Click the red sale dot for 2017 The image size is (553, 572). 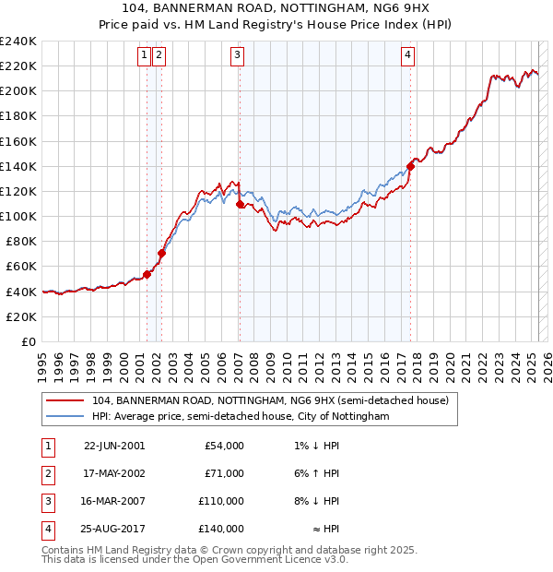pyautogui.click(x=410, y=167)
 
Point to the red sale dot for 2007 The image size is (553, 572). pyautogui.click(x=240, y=204)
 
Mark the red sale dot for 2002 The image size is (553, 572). pyautogui.click(x=161, y=253)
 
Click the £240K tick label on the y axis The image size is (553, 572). pyautogui.click(x=18, y=42)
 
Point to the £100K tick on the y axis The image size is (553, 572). pyautogui.click(x=18, y=216)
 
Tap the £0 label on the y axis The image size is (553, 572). pyautogui.click(x=29, y=341)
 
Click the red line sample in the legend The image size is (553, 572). pyautogui.click(x=65, y=401)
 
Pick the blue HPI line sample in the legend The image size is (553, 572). pyautogui.click(x=65, y=417)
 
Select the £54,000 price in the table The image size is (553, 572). pyautogui.click(x=226, y=446)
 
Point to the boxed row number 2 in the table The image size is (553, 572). pyautogui.click(x=47, y=473)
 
